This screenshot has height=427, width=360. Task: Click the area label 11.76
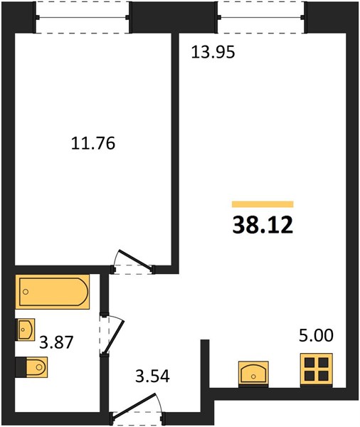(x=93, y=143)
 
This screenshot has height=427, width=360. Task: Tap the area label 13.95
(x=213, y=52)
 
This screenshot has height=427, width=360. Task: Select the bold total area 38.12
(x=263, y=226)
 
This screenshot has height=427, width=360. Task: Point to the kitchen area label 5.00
(x=316, y=335)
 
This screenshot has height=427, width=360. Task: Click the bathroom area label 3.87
(x=56, y=342)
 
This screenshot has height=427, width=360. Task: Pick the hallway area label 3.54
(x=152, y=376)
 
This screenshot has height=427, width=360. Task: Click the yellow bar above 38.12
(x=263, y=204)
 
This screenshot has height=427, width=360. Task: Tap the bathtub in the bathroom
(x=53, y=292)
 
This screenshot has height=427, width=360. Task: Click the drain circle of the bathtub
(x=26, y=292)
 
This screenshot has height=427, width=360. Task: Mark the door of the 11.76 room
(x=134, y=260)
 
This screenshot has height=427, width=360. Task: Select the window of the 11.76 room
(x=83, y=17)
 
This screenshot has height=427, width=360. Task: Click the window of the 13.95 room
(x=262, y=17)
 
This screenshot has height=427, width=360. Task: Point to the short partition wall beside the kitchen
(x=205, y=364)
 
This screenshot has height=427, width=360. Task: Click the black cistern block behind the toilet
(x=21, y=367)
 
